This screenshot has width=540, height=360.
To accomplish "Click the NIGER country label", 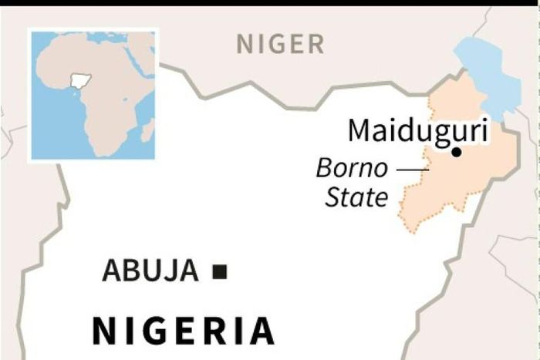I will pyautogui.click(x=280, y=45).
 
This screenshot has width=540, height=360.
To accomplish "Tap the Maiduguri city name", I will pyautogui.click(x=417, y=131).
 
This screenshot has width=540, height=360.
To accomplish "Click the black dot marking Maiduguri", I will pyautogui.click(x=457, y=152).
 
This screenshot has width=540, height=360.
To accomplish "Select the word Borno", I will pyautogui.click(x=354, y=168).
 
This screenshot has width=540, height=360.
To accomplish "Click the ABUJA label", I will pyautogui.click(x=150, y=271).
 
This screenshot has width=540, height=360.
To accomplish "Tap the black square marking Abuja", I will pyautogui.click(x=220, y=271).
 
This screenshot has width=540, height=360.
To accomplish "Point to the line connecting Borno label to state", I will pyautogui.click(x=413, y=168).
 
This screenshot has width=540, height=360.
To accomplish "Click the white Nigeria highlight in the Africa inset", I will pyautogui.click(x=78, y=80).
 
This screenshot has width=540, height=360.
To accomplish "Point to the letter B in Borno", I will pyautogui.click(x=325, y=168).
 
